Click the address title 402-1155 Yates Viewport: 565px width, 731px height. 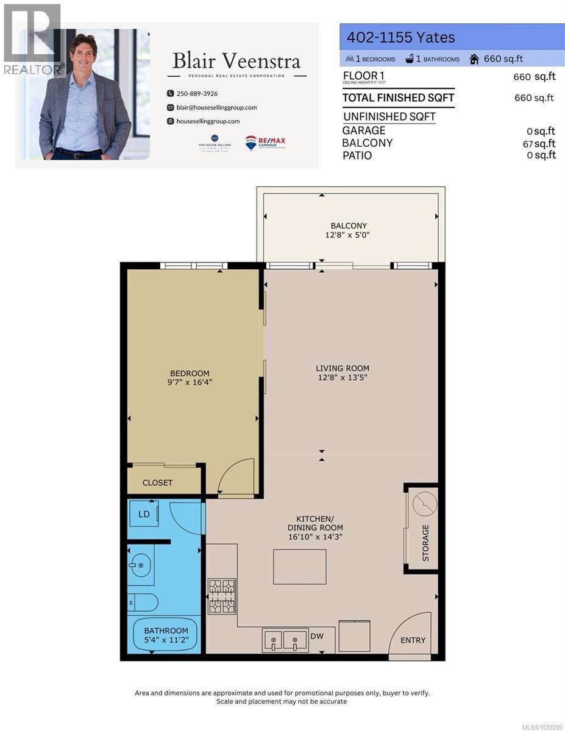tap(401, 38)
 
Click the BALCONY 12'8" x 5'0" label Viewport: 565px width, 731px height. tap(349, 230)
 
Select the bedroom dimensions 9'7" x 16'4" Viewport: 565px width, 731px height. tap(190, 383)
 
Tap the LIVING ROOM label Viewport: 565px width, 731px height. tap(342, 368)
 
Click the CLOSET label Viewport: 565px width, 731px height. tap(157, 482)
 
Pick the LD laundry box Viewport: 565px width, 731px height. tap(144, 514)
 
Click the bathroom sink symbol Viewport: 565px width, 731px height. tap(140, 565)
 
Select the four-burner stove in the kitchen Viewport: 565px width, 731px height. tap(222, 596)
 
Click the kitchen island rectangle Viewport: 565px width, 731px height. tap(299, 566)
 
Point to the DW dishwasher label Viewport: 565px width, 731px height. tap(317, 637)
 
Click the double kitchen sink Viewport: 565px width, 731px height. tap(285, 640)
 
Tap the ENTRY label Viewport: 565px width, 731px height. tap(413, 640)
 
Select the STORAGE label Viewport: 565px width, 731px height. tap(425, 542)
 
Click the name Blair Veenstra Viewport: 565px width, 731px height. tap(236, 61)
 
